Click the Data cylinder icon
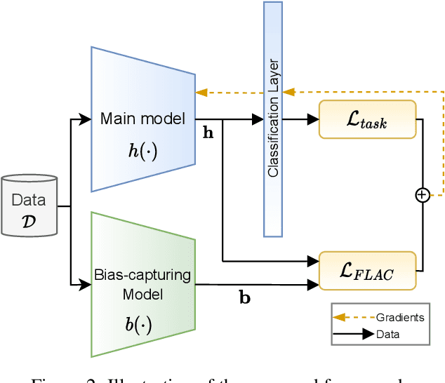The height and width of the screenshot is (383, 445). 29,206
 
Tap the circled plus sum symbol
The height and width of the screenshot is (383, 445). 422,195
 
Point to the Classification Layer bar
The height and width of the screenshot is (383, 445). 273,119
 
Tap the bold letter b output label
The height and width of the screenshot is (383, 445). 245,297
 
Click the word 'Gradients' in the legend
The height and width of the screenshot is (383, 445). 400,317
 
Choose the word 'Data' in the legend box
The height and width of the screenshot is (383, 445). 387,335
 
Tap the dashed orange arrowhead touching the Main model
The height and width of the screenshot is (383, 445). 201,92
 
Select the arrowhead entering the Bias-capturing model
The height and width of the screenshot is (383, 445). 86,284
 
